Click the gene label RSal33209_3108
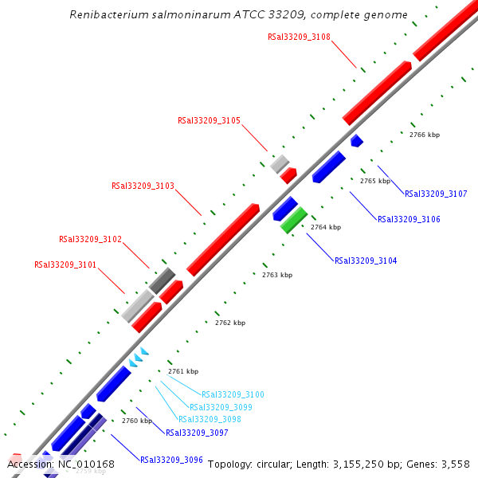[x=299, y=37]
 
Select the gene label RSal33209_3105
[x=209, y=121]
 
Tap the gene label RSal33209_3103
[x=143, y=186]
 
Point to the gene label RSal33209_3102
[x=90, y=239]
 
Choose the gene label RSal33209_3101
[x=65, y=264]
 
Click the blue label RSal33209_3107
[x=436, y=194]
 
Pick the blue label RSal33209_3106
[x=409, y=219]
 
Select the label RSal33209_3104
[x=366, y=261]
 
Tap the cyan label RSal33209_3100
[x=233, y=394]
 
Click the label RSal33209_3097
[x=197, y=433]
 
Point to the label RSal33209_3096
[x=171, y=460]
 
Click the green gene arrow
[x=293, y=220]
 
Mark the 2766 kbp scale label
[x=425, y=135]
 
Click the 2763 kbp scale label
[x=277, y=275]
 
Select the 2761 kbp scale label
[x=183, y=371]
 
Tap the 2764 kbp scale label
[x=326, y=227]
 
